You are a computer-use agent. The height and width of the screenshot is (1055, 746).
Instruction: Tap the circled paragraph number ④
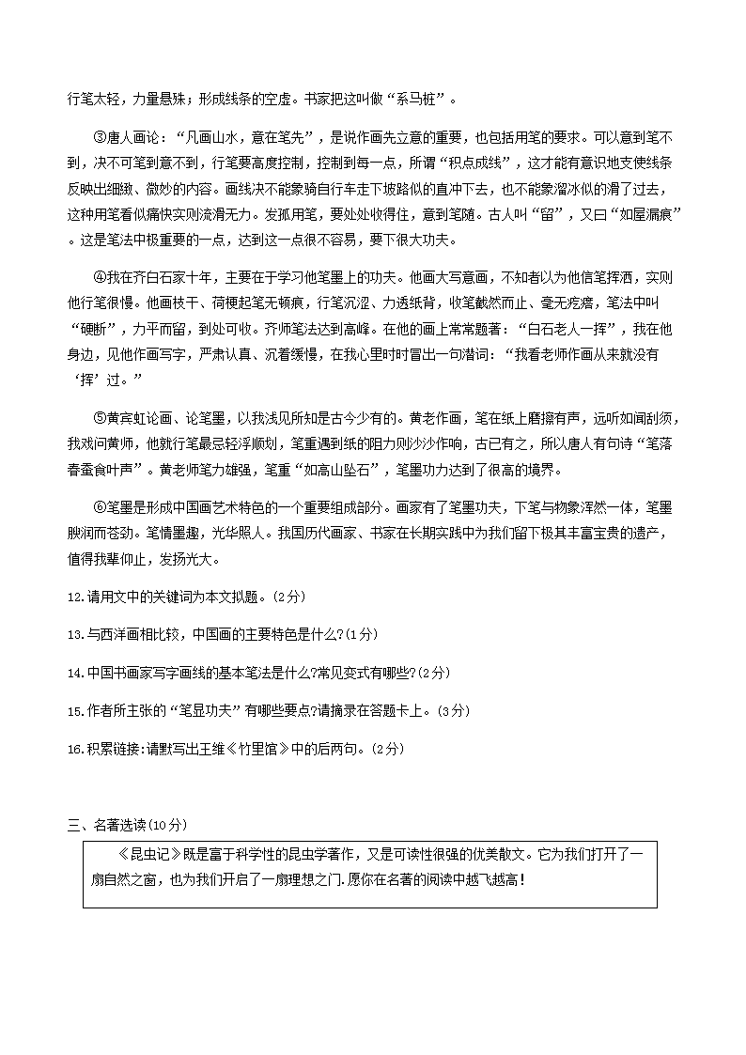click(101, 278)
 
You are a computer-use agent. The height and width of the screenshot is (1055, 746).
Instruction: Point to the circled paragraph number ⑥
click(101, 507)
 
